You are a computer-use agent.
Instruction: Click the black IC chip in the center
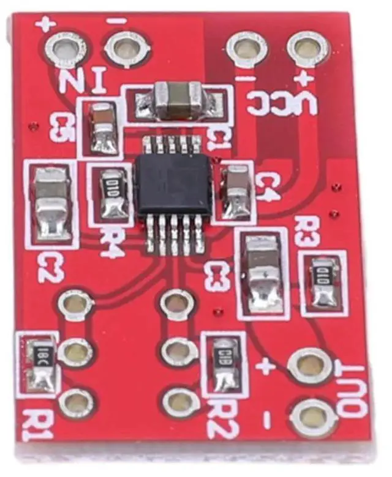[174, 183]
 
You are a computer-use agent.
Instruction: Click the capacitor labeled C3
[263, 273]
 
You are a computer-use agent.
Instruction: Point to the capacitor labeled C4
[236, 192]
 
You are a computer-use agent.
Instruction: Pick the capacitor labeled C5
[101, 127]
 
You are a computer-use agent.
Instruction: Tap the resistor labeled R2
[224, 364]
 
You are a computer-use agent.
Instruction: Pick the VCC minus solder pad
[247, 48]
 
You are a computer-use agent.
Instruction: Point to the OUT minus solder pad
[313, 418]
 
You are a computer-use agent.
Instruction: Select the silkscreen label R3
[307, 231]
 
